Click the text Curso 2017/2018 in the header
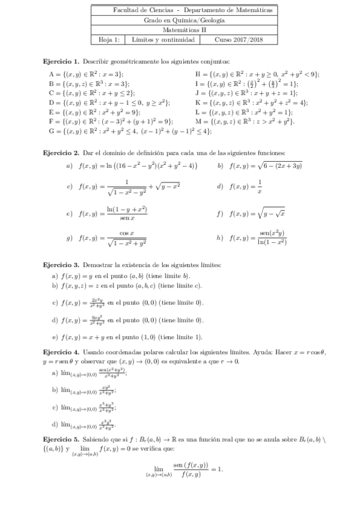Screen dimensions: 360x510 click(238, 40)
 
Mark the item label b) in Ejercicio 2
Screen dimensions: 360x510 click(221, 165)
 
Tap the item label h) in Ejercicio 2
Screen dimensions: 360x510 click(220, 238)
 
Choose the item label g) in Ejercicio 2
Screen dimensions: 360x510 click(70, 238)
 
